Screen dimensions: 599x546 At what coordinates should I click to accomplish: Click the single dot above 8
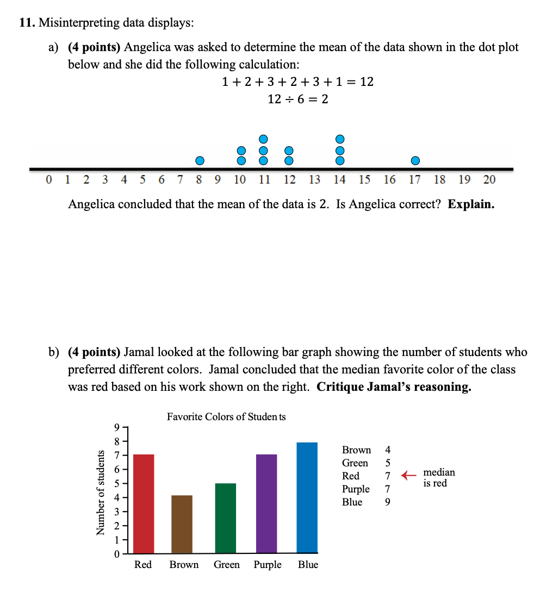point(200,160)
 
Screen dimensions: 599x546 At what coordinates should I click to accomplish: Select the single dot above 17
point(415,160)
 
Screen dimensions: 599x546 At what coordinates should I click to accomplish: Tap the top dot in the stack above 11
point(264,139)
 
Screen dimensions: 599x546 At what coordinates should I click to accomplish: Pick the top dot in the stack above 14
point(340,139)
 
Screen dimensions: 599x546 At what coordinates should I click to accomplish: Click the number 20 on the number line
point(489,180)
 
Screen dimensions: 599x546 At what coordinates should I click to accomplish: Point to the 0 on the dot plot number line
point(49,180)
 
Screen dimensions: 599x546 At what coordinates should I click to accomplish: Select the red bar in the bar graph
point(144,503)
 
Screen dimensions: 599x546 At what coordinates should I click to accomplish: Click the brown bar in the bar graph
point(182,524)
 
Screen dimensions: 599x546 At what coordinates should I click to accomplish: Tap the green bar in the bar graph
point(226,518)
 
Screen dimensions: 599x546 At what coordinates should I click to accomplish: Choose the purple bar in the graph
point(266,503)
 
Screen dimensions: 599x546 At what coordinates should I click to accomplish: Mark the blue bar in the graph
point(307,497)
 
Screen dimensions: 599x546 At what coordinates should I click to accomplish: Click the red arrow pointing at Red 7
point(408,476)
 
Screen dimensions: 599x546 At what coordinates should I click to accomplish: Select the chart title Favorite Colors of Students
point(226,417)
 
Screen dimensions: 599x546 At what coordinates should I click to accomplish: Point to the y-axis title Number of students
point(101,492)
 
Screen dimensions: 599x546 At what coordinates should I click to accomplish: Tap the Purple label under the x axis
point(268,565)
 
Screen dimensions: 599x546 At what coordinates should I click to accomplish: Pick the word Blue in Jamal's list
point(352,502)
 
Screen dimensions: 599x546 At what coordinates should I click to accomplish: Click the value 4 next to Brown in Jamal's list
point(387,450)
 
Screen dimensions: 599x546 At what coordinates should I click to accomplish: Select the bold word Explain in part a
point(471,204)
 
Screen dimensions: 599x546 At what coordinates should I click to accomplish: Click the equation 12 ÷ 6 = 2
point(298,99)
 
